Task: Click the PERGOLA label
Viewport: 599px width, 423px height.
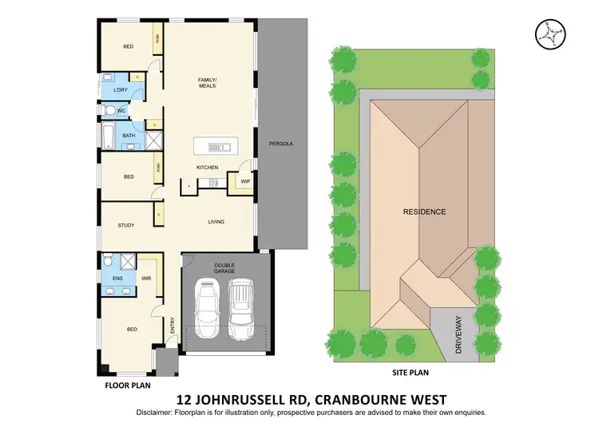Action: pos(281,144)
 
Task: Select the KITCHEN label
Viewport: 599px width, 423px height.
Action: pos(208,168)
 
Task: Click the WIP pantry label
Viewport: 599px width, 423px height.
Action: pos(245,182)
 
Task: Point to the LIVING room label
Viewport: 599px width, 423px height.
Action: pos(216,221)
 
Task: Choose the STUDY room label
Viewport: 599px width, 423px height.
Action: pos(126,226)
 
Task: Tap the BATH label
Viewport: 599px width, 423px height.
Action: pos(129,136)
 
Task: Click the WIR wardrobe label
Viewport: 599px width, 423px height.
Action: pos(146,278)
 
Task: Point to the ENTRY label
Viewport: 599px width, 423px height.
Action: pos(172,326)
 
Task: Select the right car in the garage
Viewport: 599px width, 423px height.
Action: pos(242,306)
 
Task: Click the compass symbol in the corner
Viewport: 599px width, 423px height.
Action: pos(548,32)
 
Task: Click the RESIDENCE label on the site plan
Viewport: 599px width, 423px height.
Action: pos(424,211)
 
